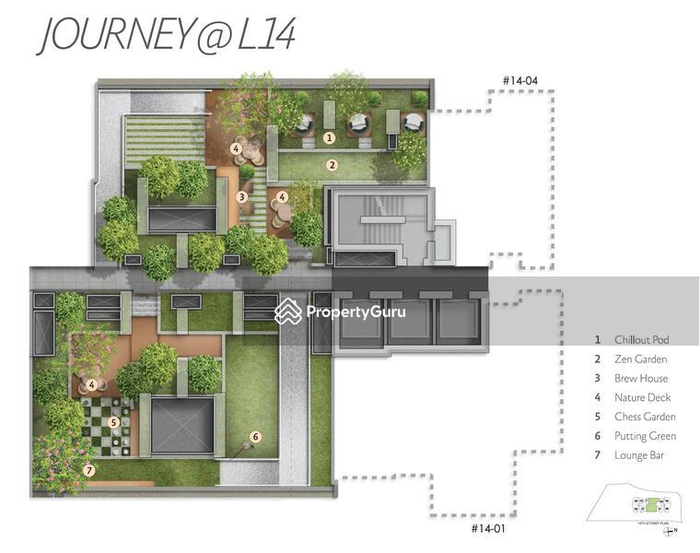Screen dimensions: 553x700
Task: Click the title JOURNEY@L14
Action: tap(166, 36)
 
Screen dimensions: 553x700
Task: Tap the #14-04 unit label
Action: tap(519, 81)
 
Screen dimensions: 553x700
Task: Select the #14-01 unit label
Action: tap(488, 528)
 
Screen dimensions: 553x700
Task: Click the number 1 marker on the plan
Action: tap(329, 138)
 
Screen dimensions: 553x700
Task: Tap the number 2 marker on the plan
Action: tap(332, 166)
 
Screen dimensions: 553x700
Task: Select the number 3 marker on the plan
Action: tap(241, 196)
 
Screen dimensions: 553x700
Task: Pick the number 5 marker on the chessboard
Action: tap(113, 423)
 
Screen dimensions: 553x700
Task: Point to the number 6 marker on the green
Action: tap(256, 437)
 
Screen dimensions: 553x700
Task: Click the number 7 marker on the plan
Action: tap(88, 470)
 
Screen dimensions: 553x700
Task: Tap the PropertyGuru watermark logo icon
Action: tap(288, 311)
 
